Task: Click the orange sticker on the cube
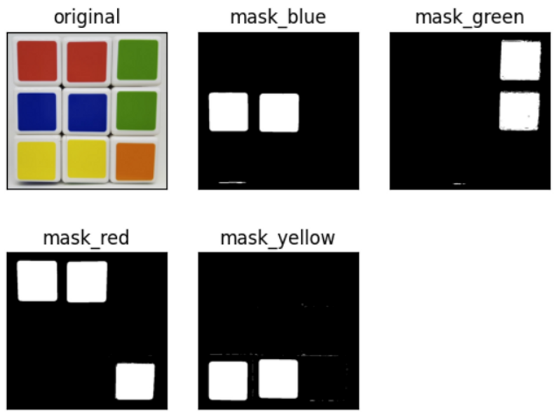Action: pos(134,161)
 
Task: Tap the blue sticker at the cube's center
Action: pos(88,112)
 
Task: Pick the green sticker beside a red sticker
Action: pos(137,60)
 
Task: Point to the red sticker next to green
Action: pos(88,60)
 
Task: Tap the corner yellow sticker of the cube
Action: pos(37,159)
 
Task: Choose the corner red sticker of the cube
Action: pos(37,60)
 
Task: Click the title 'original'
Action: pos(87,17)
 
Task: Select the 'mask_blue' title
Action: pos(278,17)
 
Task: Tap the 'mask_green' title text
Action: pos(469,17)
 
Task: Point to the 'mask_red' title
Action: pos(86,237)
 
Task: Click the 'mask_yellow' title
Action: pos(278,238)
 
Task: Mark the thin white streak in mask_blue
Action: pos(232,183)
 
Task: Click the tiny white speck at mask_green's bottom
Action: pos(459,184)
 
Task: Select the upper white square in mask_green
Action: pos(520,60)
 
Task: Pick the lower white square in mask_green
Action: pos(520,111)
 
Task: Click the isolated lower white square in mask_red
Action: pos(135,381)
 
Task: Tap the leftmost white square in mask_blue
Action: pos(229,112)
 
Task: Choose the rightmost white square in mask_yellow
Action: pos(279,379)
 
